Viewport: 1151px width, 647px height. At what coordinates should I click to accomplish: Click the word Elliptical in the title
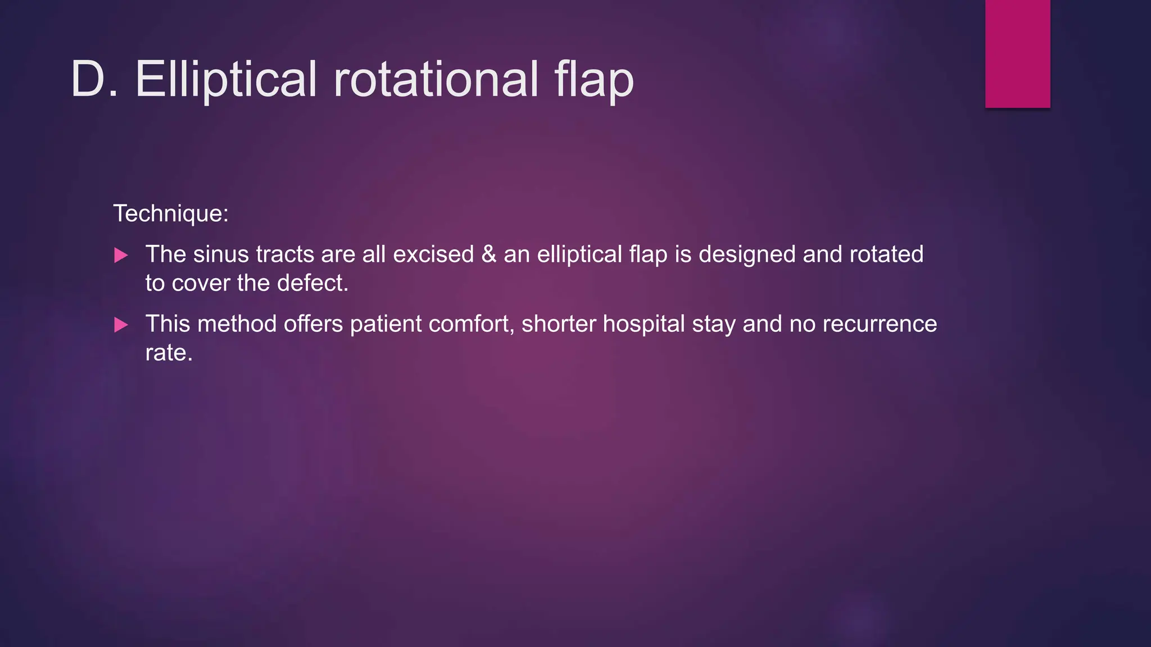click(226, 79)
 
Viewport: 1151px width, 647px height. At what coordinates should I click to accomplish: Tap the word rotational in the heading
click(436, 79)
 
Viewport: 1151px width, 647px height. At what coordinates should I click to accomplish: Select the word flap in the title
click(593, 79)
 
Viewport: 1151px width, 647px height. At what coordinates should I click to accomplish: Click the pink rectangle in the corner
click(1017, 53)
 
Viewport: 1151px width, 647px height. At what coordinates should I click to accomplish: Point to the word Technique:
click(171, 214)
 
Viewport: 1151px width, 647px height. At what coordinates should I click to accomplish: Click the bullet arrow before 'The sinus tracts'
click(121, 256)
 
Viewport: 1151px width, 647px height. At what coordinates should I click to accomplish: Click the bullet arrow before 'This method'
click(121, 325)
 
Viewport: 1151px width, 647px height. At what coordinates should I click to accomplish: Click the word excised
click(433, 254)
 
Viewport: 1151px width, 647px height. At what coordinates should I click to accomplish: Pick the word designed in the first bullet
click(747, 254)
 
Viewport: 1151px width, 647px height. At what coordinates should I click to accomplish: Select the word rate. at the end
click(169, 353)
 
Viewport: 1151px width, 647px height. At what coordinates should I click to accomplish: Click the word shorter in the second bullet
click(558, 324)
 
